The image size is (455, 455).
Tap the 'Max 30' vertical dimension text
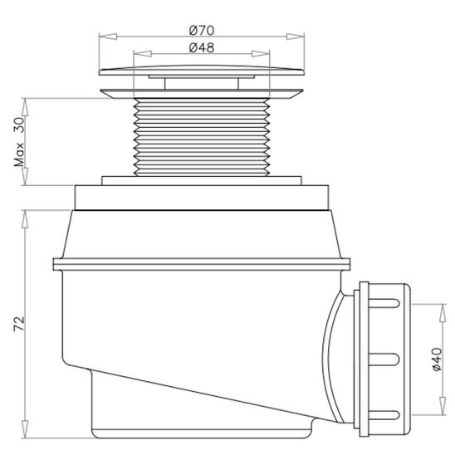click(x=19, y=142)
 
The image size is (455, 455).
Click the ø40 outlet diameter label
click(x=438, y=360)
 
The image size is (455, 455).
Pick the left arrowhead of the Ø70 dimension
click(x=104, y=36)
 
